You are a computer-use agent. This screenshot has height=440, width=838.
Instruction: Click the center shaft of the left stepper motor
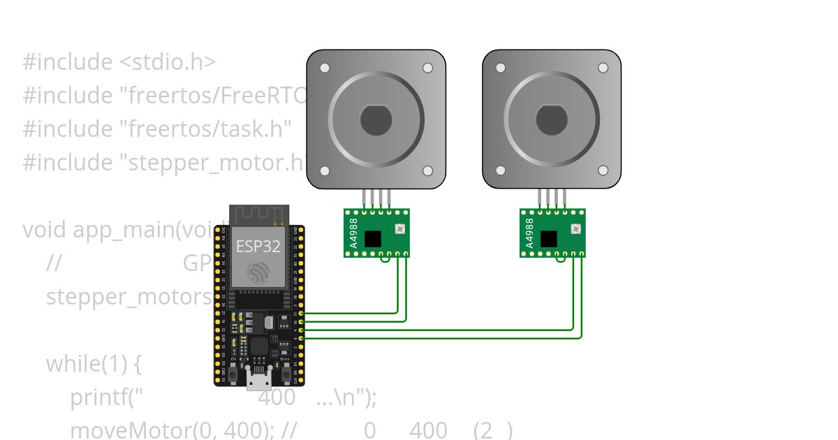[376, 120]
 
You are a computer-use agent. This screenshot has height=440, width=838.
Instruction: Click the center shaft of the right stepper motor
[552, 120]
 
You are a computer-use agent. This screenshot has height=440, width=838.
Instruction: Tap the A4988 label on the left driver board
[353, 233]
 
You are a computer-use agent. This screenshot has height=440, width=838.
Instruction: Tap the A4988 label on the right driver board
[529, 233]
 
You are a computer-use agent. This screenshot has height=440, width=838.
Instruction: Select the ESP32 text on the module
[258, 246]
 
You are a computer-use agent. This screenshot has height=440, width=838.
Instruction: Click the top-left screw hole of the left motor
[325, 68]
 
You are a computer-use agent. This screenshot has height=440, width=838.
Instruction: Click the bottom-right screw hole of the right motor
[603, 170]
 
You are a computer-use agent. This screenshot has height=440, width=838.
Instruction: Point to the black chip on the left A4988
[373, 239]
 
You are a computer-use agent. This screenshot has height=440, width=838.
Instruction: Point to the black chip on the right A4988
[549, 239]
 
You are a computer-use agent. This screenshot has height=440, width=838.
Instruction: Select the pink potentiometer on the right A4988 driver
[575, 228]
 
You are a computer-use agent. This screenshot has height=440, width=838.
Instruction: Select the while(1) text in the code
[94, 364]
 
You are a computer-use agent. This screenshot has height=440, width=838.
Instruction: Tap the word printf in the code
[98, 397]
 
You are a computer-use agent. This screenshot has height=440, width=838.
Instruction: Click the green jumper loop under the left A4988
[385, 259]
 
